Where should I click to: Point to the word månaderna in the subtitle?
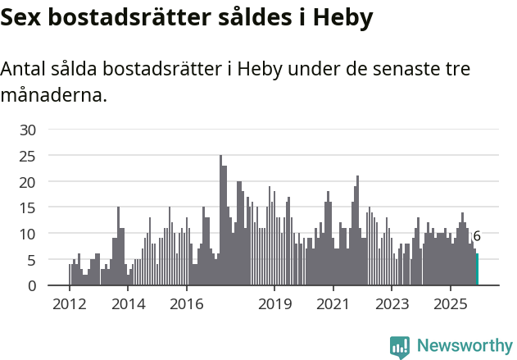point(54,95)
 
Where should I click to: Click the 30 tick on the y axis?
point(28,130)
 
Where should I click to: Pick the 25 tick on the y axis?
point(28,156)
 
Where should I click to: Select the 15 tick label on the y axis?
point(28,207)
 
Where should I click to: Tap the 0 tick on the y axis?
point(32,286)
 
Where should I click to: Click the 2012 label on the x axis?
point(69,305)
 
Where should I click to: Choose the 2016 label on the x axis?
point(186,305)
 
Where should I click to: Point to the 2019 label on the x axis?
point(274,305)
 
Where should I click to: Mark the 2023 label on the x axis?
point(392,305)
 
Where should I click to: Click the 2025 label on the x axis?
point(451,305)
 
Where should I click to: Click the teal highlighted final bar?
point(477,271)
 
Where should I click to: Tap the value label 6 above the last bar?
point(477,236)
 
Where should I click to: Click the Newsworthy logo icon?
point(400,347)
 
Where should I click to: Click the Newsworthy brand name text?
point(465,346)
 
